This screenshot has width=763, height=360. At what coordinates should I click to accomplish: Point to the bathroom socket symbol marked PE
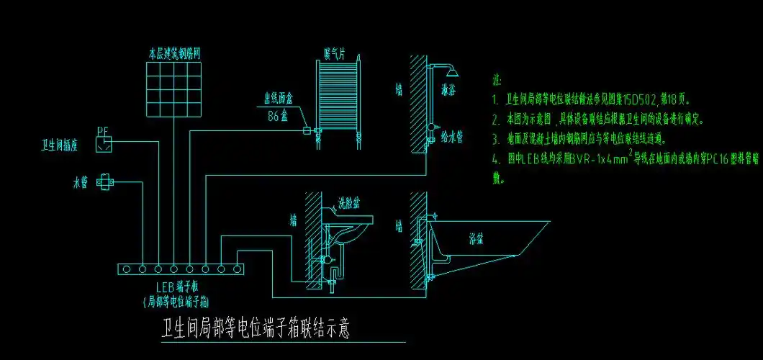pyautogui.click(x=104, y=143)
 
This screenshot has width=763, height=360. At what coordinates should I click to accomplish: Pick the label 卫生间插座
pyautogui.click(x=63, y=146)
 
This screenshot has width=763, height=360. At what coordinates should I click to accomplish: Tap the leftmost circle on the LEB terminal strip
pyautogui.click(x=127, y=269)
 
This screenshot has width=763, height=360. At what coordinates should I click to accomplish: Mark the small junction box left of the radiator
pyautogui.click(x=306, y=130)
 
